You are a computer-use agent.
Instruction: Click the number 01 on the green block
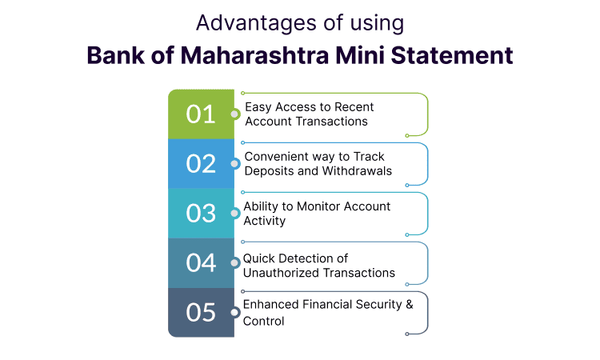(201, 114)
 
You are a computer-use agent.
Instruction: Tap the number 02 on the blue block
(201, 164)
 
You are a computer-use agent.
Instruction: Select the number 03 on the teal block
(201, 214)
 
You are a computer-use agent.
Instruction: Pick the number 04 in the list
(201, 263)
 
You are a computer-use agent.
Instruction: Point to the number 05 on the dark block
(201, 313)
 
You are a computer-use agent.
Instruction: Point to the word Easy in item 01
(258, 107)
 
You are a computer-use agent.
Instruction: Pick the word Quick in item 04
(259, 258)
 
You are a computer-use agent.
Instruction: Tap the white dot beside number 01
(234, 114)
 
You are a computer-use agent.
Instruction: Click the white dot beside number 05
(234, 313)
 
